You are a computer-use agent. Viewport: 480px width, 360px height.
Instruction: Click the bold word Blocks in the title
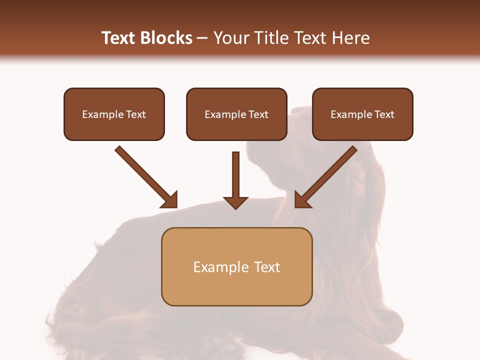167,38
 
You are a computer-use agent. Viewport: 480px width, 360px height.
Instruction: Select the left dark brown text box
114,114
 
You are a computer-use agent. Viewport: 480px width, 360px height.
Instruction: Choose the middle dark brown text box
236,114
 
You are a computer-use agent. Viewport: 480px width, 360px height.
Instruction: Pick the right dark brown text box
362,114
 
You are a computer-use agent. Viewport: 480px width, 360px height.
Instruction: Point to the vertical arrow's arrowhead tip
235,207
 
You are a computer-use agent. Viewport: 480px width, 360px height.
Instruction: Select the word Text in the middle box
258,114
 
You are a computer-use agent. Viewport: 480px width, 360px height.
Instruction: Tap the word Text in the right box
384,114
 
